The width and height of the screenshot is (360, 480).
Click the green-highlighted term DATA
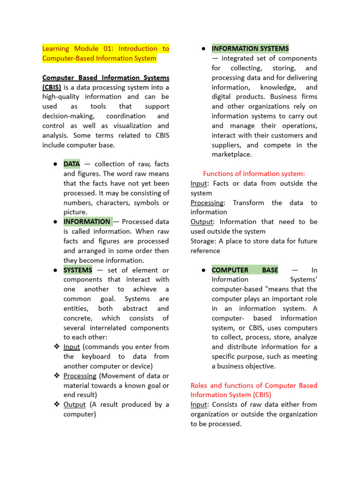click(72, 164)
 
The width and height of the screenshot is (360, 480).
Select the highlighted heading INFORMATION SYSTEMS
click(250, 48)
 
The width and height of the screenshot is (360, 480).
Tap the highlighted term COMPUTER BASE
click(245, 270)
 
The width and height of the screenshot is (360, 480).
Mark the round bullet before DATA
click(55, 164)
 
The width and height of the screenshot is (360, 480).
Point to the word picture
click(75, 212)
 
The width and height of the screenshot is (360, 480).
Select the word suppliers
click(226, 145)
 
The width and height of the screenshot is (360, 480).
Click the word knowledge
click(278, 87)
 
